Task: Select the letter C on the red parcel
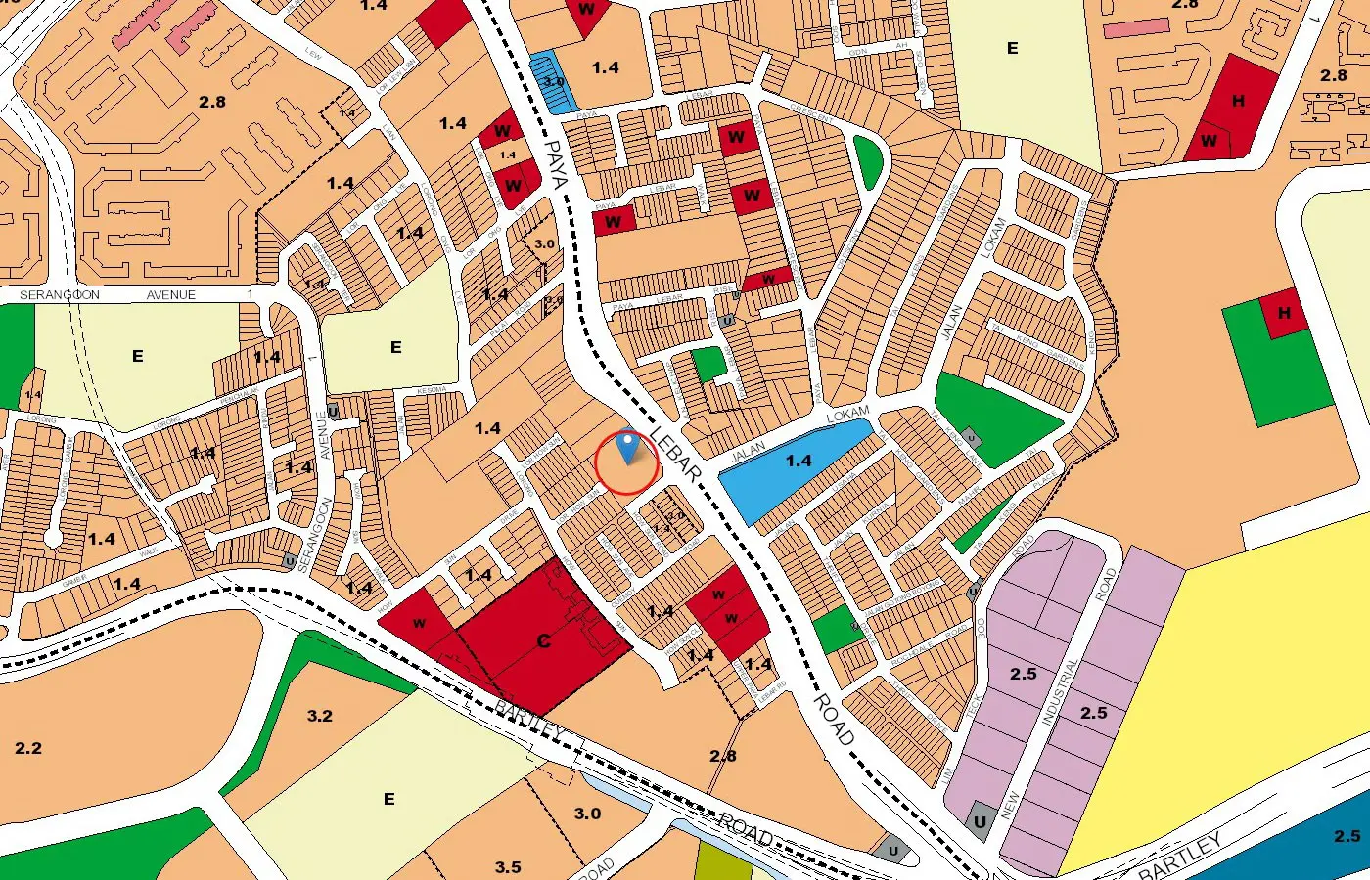[x=544, y=641]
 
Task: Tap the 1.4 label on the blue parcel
[x=799, y=461]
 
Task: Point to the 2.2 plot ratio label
[x=28, y=748]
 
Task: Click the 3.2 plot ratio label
[x=320, y=716]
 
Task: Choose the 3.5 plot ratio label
[x=508, y=867]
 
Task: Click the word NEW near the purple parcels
[x=1010, y=805]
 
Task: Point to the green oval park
[x=866, y=161]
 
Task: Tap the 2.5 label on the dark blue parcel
[x=1347, y=836]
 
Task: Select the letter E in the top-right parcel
[x=1012, y=48]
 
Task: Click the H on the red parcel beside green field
[x=1284, y=313]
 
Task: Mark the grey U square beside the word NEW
[x=980, y=821]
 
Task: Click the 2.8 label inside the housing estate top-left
[x=212, y=102]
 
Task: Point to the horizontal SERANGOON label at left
[x=59, y=294]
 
